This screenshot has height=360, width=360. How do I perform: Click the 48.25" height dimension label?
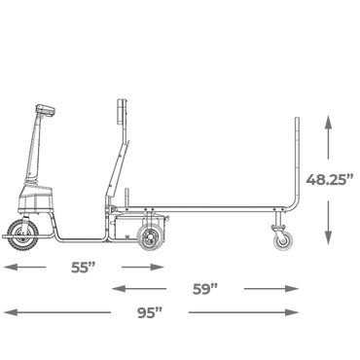click(x=330, y=179)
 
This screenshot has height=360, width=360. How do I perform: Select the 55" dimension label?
click(x=84, y=268)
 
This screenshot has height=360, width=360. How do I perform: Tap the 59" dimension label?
click(x=205, y=289)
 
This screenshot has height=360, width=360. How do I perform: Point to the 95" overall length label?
click(x=150, y=313)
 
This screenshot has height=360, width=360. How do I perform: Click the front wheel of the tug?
click(x=22, y=235)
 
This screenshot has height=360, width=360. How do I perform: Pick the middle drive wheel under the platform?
click(x=150, y=238)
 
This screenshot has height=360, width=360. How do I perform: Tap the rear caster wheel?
click(x=283, y=240)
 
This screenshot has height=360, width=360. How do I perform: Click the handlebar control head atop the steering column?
click(x=46, y=110)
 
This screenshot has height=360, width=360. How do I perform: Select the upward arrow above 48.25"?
click(x=329, y=137)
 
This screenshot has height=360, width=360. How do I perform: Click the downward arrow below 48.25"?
click(x=329, y=223)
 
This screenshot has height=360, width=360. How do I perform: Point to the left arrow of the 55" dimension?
click(x=24, y=268)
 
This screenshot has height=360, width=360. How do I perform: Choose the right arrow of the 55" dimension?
click(x=143, y=268)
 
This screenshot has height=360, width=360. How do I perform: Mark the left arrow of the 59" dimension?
click(x=139, y=288)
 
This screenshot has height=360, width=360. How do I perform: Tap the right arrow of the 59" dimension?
click(x=271, y=288)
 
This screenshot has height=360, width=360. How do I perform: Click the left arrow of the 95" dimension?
click(x=57, y=312)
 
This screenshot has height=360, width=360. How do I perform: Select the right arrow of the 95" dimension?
click(x=243, y=312)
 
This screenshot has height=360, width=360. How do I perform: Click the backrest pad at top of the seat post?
click(x=121, y=111)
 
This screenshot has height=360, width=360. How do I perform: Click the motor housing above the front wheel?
click(x=36, y=198)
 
